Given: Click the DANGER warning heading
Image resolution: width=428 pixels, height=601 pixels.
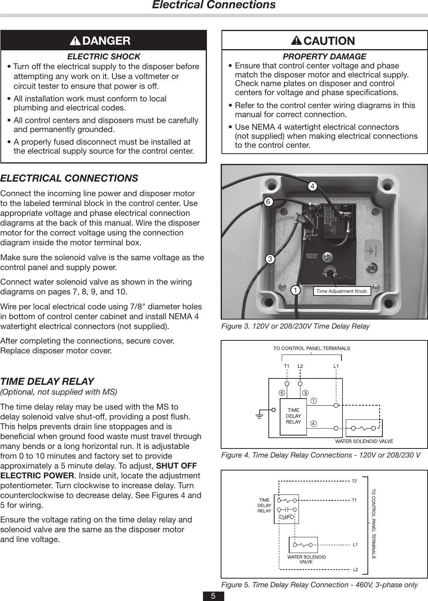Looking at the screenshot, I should click(x=100, y=40).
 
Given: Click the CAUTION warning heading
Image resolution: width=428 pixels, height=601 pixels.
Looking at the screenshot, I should click(x=323, y=40).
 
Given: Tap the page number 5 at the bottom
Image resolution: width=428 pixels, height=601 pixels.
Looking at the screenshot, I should click(x=213, y=596).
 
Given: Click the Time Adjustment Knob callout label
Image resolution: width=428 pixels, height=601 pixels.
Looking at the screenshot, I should click(x=341, y=291).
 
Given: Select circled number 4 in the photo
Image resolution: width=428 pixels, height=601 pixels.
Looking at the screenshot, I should click(x=312, y=186).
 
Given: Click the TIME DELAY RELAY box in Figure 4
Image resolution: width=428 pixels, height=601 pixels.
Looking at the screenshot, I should click(x=293, y=416).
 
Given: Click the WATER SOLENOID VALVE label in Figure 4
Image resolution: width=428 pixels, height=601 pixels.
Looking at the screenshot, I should click(x=364, y=441).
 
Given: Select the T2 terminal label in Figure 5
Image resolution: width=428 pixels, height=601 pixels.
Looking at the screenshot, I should click(x=354, y=481).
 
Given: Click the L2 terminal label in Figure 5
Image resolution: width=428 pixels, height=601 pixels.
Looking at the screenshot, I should click(x=355, y=569).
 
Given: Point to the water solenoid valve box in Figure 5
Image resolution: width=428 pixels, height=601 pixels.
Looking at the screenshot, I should click(x=303, y=545).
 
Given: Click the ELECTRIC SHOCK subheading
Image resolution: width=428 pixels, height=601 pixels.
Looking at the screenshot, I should click(x=104, y=57).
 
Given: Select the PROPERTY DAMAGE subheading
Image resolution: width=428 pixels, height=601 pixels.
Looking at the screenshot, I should click(x=325, y=57).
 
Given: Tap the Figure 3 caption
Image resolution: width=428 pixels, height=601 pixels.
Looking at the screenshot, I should click(x=295, y=326).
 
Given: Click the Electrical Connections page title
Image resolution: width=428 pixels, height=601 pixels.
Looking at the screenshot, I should click(x=214, y=5).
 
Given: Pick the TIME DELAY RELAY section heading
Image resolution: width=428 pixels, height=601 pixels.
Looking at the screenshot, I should click(x=47, y=381).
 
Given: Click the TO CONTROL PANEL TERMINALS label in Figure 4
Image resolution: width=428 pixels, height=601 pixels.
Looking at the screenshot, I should click(x=312, y=348).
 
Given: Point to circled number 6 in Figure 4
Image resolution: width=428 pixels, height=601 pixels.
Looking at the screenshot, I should click(x=281, y=393).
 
